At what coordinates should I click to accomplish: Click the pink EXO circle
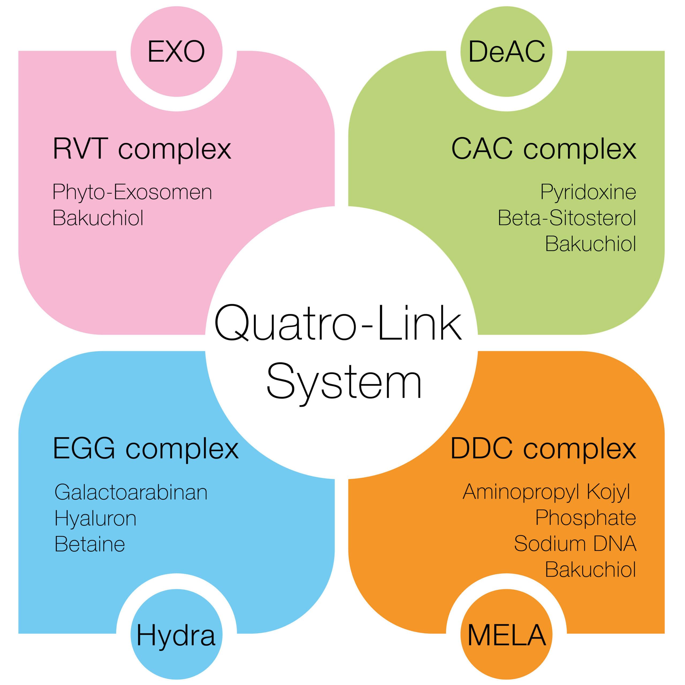click(x=176, y=52)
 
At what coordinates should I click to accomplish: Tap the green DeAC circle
click(x=506, y=52)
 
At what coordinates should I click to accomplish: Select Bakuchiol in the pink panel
click(x=98, y=218)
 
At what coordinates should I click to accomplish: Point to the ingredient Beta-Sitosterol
click(x=567, y=218)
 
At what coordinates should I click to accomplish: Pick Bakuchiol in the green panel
click(x=591, y=244)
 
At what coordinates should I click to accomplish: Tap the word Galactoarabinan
click(x=131, y=492)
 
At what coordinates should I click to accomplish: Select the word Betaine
click(x=90, y=544)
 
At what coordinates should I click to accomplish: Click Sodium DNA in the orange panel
click(x=575, y=544)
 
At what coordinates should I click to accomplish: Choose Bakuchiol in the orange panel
click(x=591, y=570)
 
